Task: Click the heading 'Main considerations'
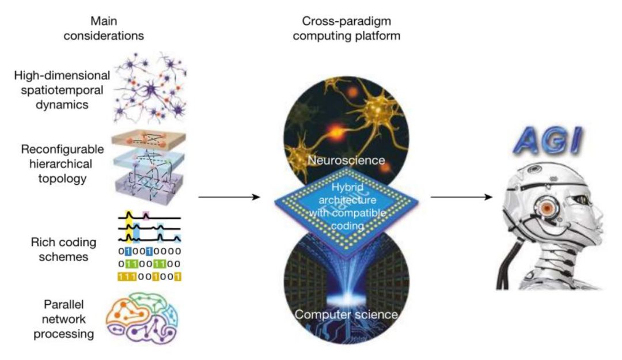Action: coord(104,28)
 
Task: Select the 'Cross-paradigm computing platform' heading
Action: coord(346,28)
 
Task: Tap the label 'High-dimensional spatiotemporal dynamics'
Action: coord(62,90)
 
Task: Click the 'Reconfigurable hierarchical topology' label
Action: coord(62,164)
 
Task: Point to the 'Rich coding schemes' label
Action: coord(63,249)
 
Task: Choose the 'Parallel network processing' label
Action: coord(63,319)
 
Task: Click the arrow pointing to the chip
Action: coord(229,197)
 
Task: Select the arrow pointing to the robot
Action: coord(461,197)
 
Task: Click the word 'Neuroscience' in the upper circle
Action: coord(346,160)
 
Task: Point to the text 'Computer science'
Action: coord(346,314)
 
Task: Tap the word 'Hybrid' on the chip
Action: coord(347,187)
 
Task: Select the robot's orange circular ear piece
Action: coord(548,207)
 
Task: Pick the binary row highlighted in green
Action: coord(149,264)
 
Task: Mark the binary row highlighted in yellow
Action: coord(149,276)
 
